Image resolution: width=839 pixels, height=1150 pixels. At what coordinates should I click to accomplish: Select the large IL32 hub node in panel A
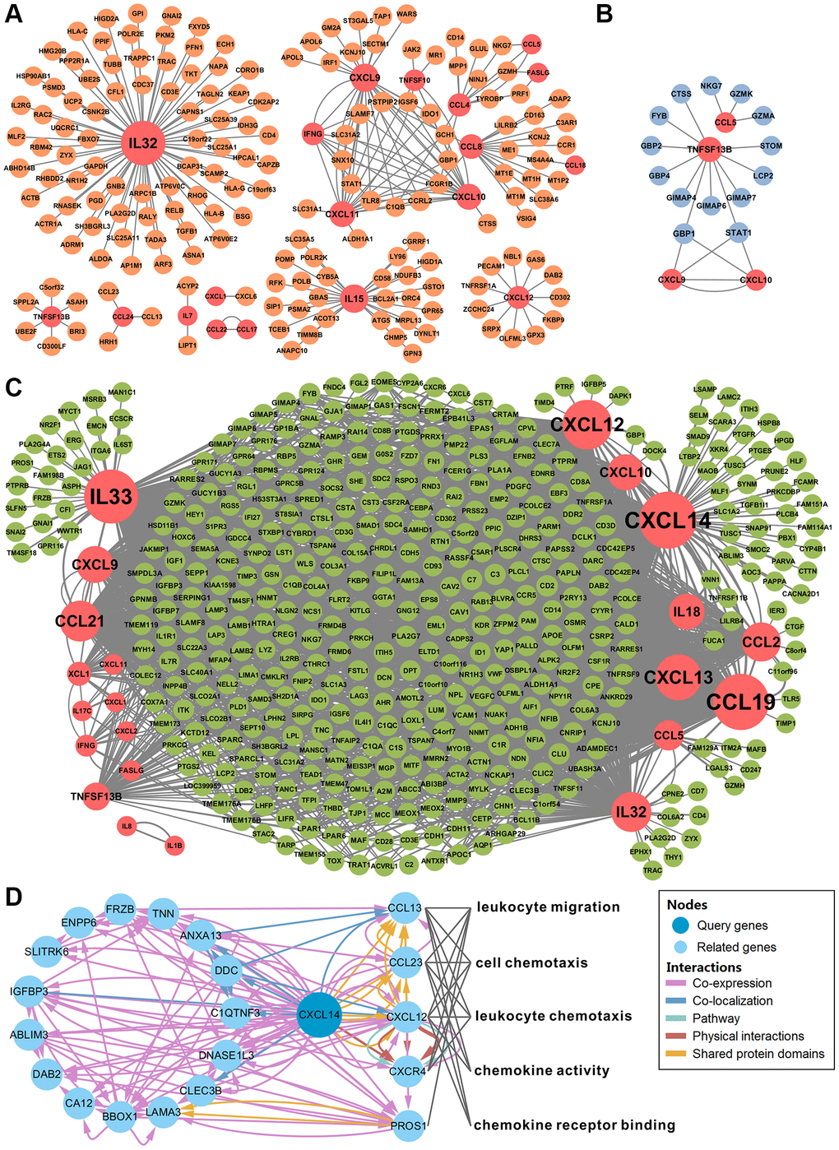[x=142, y=143]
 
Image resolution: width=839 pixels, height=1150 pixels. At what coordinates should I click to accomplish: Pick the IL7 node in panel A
[x=188, y=316]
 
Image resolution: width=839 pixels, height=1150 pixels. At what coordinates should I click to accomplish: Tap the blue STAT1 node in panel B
[x=738, y=233]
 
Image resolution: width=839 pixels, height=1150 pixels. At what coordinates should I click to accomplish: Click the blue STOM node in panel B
[x=771, y=146]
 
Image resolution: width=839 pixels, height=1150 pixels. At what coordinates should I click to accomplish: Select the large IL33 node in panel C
[x=111, y=497]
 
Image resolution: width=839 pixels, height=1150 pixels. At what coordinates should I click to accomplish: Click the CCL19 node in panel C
[x=741, y=701]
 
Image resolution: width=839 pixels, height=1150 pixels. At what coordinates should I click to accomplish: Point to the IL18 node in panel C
[x=687, y=611]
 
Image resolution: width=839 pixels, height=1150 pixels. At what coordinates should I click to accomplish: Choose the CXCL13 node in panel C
[x=678, y=676]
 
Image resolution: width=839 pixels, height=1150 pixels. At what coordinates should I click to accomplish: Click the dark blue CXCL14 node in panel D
[x=319, y=1014]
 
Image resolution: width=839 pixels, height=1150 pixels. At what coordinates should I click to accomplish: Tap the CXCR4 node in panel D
[x=407, y=1070]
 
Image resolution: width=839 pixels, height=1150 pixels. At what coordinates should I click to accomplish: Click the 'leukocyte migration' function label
[x=548, y=907]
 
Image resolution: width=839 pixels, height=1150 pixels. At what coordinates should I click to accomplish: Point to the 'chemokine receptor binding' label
[x=574, y=1124]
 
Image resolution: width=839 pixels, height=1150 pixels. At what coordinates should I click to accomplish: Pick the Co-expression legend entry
[x=731, y=983]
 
